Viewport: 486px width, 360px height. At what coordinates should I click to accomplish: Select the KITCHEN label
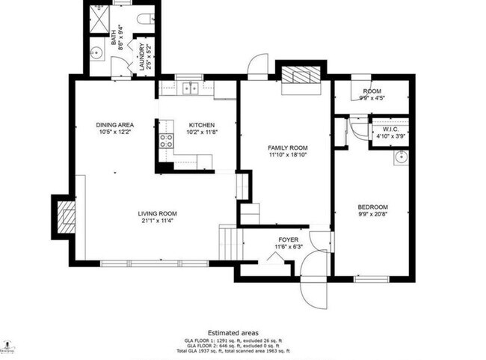pyautogui.click(x=201, y=125)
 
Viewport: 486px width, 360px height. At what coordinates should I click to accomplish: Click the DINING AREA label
pyautogui.click(x=114, y=125)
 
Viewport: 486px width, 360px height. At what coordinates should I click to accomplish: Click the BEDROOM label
pyautogui.click(x=372, y=207)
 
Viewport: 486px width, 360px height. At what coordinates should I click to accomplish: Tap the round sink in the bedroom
pyautogui.click(x=400, y=157)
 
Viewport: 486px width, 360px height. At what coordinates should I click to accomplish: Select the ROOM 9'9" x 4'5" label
pyautogui.click(x=372, y=94)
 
